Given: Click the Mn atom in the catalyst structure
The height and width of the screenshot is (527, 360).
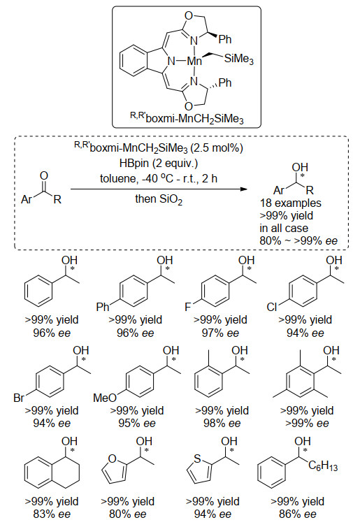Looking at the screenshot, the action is click(194, 61).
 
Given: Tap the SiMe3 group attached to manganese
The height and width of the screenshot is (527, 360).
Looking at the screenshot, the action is click(238, 59).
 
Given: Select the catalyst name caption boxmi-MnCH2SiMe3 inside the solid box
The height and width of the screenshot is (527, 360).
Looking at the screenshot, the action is click(187, 118).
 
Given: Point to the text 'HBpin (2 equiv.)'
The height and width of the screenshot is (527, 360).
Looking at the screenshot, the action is click(159, 164).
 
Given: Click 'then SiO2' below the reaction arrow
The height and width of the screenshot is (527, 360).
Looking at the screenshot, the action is click(159, 199).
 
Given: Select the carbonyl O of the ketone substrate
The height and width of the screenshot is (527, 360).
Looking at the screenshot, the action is click(44, 175).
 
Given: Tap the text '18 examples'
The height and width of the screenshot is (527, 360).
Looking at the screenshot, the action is click(290, 203).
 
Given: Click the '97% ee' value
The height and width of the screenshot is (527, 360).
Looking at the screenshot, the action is click(220, 333).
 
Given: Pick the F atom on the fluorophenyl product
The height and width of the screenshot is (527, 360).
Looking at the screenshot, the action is click(188, 307).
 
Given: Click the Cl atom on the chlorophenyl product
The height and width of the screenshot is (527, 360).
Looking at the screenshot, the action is click(272, 307).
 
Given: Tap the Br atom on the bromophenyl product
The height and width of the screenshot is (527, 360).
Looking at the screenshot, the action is click(19, 398).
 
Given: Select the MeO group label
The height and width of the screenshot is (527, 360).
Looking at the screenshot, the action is click(105, 398).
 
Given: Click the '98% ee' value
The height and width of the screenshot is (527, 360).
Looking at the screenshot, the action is click(222, 424).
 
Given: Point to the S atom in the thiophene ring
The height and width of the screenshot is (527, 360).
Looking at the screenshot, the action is click(197, 458).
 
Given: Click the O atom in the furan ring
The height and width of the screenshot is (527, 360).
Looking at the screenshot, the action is click(113, 458).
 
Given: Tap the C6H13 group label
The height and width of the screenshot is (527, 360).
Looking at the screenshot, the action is click(323, 465).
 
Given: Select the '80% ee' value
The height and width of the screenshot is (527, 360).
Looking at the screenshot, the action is click(128, 514).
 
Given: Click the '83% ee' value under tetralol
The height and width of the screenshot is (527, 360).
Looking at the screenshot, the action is click(52, 514).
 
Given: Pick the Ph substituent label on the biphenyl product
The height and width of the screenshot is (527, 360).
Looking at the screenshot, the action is click(103, 307).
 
